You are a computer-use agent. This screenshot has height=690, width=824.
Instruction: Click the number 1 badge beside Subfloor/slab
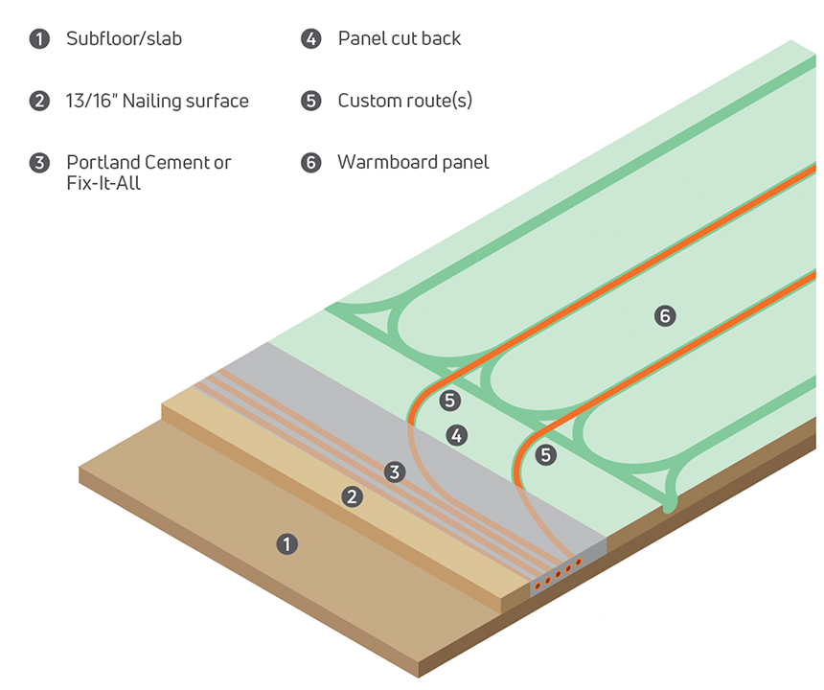[x=39, y=39]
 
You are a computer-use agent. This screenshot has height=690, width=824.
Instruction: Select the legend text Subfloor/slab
[x=124, y=38]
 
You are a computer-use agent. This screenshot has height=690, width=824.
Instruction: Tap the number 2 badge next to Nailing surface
[x=39, y=101]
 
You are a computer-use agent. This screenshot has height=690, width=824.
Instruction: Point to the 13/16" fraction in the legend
[x=91, y=101]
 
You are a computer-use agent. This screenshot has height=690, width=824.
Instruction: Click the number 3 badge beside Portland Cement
[x=39, y=163]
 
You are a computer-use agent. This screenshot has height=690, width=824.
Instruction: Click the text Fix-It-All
[x=103, y=183]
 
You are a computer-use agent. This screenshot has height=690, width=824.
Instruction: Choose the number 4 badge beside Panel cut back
[x=311, y=39]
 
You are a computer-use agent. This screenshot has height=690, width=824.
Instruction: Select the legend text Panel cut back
[x=400, y=38]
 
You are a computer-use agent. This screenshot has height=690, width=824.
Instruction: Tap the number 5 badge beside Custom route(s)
[x=311, y=101]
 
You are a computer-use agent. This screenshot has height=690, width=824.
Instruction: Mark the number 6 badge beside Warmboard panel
[x=311, y=163]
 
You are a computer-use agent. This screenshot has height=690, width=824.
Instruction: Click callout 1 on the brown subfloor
[x=286, y=544]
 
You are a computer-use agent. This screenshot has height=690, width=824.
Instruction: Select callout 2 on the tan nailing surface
[x=352, y=496]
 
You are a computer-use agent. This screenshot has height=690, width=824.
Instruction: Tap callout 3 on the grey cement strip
[x=395, y=471]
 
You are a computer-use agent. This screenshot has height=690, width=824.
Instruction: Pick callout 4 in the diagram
[x=457, y=435]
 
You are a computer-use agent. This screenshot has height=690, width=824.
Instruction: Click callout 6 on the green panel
[x=665, y=316]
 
